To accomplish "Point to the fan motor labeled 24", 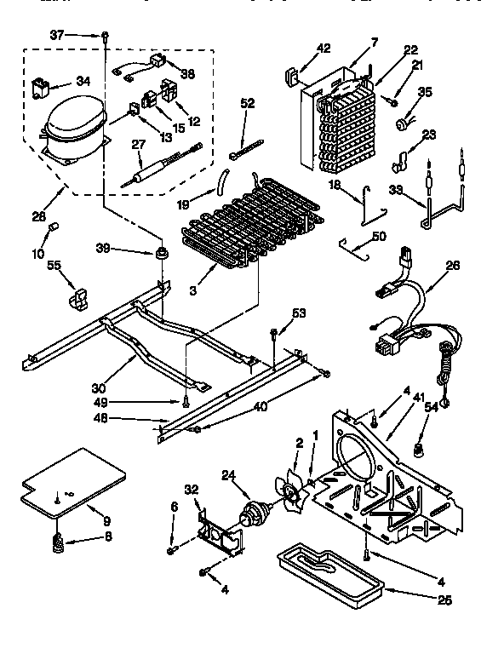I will coord(253,513).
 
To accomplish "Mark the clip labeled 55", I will coord(77,297).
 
